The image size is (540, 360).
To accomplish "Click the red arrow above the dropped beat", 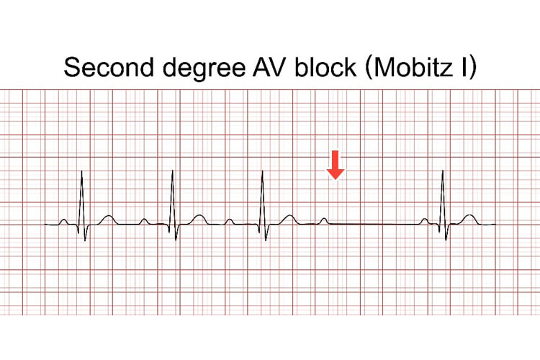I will click(336, 164).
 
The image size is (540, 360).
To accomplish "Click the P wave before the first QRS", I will click(64, 221).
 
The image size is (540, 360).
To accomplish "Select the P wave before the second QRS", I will click(144, 220).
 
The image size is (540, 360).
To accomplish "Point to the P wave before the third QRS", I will click(229, 220).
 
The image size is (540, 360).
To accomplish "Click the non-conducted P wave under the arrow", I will click(324, 220).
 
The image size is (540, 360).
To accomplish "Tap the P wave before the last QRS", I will click(426, 220).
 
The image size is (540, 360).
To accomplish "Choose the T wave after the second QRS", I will click(198, 217).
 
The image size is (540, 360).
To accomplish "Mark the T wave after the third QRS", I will click(288, 217).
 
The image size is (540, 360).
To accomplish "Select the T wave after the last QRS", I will click(469, 217).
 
